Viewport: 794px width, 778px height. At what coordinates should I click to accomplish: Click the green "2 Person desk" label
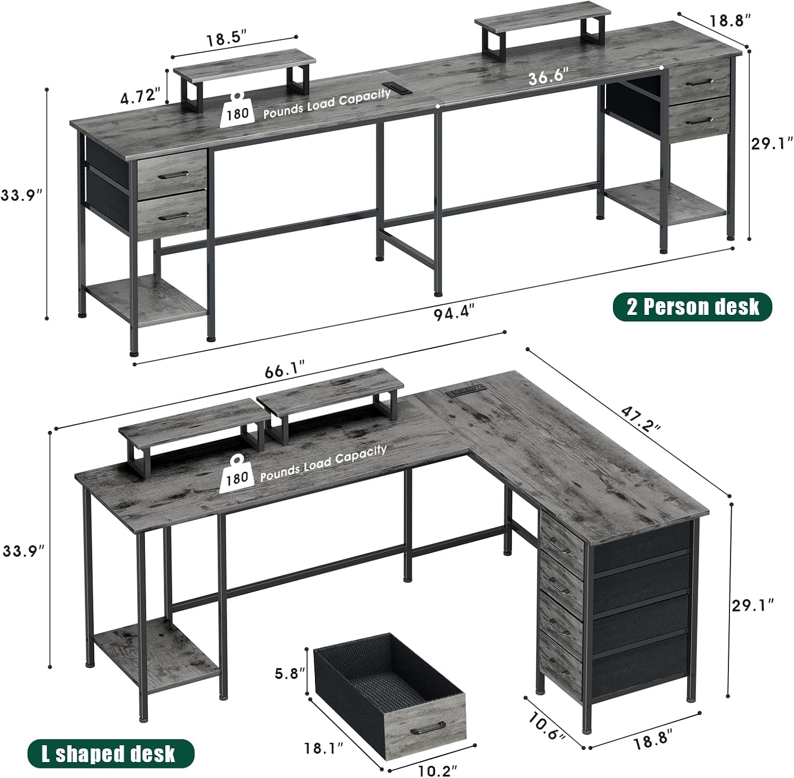point(692,306)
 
